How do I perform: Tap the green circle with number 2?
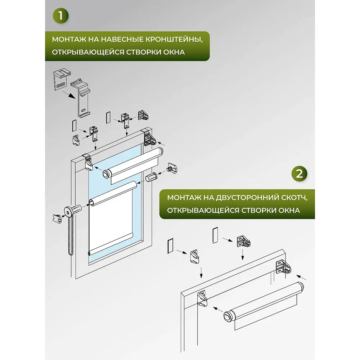(x=299, y=174)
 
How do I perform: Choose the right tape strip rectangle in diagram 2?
(x=215, y=235)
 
